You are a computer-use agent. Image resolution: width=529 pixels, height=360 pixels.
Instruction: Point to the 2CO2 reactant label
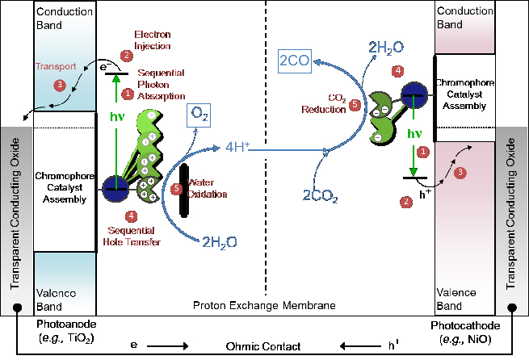click(x=319, y=195)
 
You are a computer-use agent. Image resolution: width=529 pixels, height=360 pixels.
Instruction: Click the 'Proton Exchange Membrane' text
click(x=264, y=304)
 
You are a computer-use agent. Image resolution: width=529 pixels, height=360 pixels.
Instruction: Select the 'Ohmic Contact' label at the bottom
click(x=264, y=346)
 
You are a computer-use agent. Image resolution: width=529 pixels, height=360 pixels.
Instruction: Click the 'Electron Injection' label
click(x=152, y=40)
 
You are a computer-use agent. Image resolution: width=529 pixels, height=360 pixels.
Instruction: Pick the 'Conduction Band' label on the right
click(x=464, y=18)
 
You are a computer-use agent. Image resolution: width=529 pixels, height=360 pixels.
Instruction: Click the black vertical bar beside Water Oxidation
click(x=184, y=190)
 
